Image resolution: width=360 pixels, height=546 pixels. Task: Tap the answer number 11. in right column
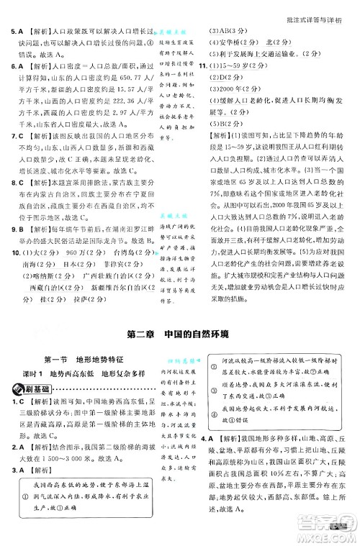tap(204, 67)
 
